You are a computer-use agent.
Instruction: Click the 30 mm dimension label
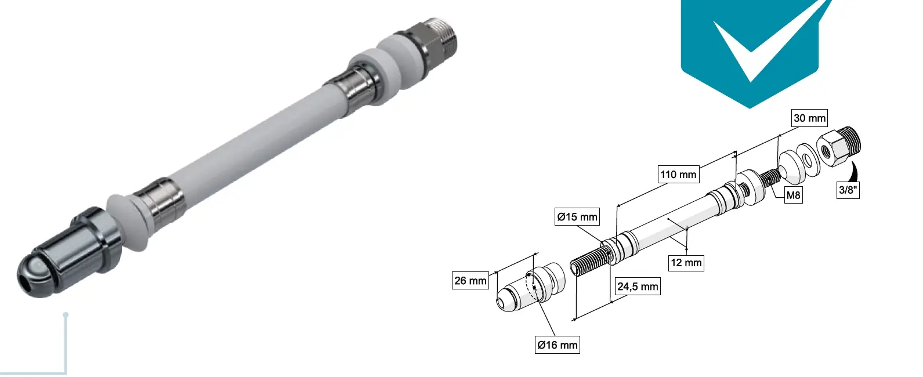(x=809, y=118)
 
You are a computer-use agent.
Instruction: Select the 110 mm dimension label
(x=678, y=174)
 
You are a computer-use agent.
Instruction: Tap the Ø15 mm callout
(x=577, y=217)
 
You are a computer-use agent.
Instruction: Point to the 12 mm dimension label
(x=686, y=263)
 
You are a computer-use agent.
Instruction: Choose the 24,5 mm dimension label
(x=638, y=287)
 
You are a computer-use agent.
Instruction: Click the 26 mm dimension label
(x=470, y=281)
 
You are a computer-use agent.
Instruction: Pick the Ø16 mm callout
(x=557, y=345)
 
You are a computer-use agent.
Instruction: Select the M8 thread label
(x=793, y=195)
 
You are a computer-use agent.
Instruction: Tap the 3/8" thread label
(x=848, y=190)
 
